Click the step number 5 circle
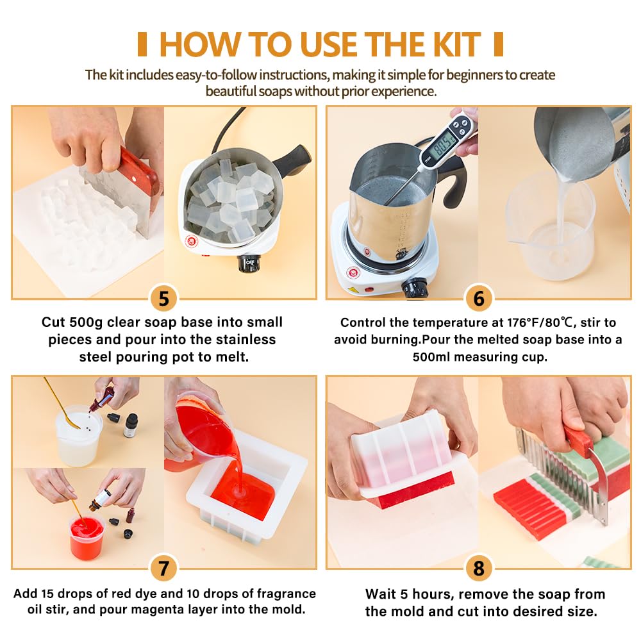(x=163, y=299)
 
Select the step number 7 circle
(x=163, y=568)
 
